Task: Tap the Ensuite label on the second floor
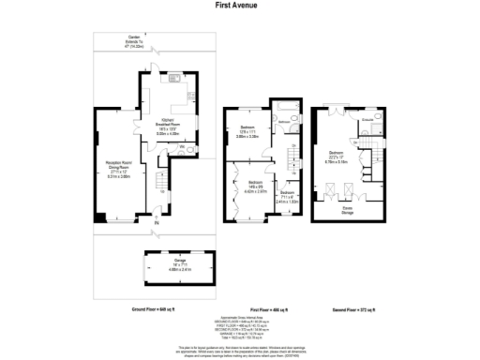pyautogui.click(x=368, y=119)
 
